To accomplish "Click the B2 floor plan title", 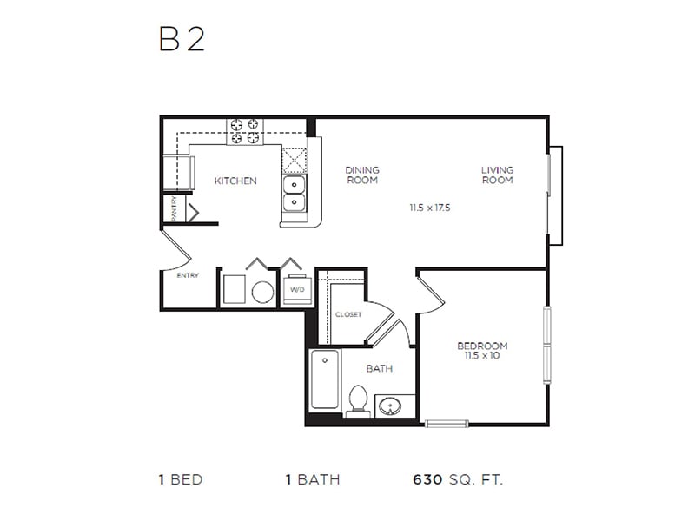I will (182, 40).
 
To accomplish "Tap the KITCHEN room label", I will (235, 181).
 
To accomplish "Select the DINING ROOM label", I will (362, 175).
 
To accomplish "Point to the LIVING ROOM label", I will (498, 175).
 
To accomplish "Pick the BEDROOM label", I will (482, 346).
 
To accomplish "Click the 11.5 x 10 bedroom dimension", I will (482, 355).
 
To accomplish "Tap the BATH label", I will (379, 368).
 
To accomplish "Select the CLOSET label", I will (347, 314).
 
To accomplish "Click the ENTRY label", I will (188, 275).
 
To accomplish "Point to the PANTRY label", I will (175, 209).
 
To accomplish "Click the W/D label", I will (296, 289).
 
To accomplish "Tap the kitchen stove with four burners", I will (245, 131).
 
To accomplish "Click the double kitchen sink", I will (295, 194).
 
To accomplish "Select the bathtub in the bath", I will (324, 379).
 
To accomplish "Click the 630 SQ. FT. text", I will (457, 479).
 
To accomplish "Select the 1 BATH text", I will (313, 479).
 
